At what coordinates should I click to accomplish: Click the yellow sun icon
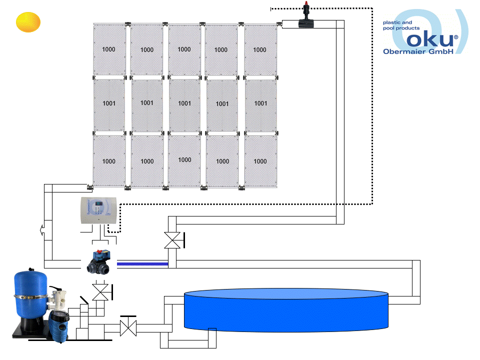(27, 22)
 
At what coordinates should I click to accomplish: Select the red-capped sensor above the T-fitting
(305, 8)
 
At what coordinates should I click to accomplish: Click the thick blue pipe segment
(142, 263)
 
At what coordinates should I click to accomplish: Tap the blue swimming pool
(286, 310)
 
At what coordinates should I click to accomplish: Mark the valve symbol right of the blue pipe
(173, 240)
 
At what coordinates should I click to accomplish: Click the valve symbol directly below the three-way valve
(101, 291)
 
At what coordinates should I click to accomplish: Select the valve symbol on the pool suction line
(128, 328)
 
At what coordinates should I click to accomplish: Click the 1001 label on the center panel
(184, 103)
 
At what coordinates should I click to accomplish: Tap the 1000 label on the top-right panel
(259, 49)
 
